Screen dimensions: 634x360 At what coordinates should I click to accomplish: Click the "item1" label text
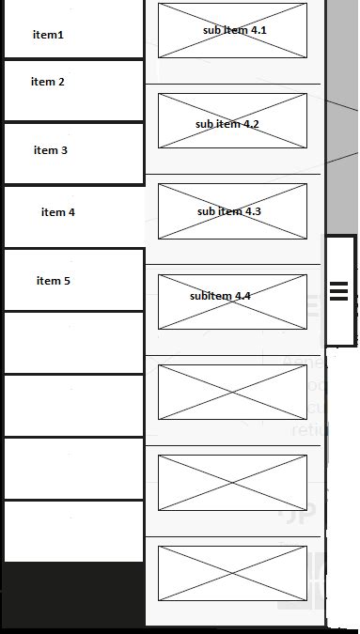48,35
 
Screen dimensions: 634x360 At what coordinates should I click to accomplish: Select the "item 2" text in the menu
48,82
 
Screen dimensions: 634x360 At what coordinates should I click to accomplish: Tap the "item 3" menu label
51,150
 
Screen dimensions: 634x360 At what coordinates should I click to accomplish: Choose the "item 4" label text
58,212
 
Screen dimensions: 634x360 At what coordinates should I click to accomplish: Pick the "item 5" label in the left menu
54,281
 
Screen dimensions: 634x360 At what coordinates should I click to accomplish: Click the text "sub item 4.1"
235,30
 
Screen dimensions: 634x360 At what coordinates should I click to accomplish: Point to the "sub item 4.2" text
227,124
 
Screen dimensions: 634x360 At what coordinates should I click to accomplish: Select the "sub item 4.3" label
229,211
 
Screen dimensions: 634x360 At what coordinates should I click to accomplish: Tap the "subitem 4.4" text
220,296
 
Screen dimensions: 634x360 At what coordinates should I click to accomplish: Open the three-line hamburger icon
339,290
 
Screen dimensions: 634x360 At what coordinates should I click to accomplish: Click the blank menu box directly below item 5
73,343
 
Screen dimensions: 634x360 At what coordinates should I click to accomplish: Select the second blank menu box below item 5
73,406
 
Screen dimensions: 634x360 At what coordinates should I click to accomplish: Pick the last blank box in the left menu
73,532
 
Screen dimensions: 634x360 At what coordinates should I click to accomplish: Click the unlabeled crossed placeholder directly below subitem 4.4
232,392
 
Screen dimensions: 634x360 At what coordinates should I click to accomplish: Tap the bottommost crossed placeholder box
232,573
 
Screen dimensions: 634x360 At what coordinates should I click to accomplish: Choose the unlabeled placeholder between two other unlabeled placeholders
232,483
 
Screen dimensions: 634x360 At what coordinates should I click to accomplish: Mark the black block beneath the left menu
73,596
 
